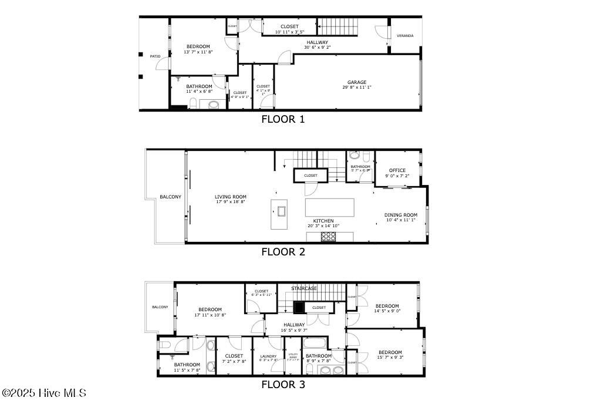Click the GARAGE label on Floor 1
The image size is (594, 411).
tap(356, 82)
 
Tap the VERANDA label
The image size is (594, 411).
tap(405, 36)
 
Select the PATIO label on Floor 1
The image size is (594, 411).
tap(155, 56)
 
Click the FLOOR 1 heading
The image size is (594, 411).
tap(283, 119)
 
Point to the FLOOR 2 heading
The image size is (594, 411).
tap(283, 252)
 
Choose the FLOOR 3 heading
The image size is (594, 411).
tap(283, 385)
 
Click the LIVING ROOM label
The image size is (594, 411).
tap(230, 197)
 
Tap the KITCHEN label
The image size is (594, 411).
tap(323, 221)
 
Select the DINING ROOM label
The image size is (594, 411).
tap(401, 215)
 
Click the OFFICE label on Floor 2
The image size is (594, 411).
tap(397, 171)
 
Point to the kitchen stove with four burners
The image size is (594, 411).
tap(329, 237)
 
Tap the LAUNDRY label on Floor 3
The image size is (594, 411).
tap(268, 356)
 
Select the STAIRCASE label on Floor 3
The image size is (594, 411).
tap(304, 288)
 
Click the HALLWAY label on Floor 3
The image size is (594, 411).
tap(294, 325)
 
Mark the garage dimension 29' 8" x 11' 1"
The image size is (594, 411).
tap(356, 87)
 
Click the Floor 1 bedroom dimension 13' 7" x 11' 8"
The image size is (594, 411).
tap(198, 52)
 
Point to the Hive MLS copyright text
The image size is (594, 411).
tap(43, 393)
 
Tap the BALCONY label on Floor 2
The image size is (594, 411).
tap(170, 197)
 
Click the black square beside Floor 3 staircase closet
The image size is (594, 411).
tap(299, 307)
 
